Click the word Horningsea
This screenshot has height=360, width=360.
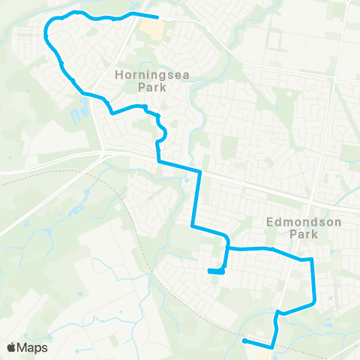(145, 75)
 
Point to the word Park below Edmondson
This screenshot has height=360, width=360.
(304, 234)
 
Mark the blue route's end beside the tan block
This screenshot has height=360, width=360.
(157, 16)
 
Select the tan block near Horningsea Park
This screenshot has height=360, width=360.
(152, 28)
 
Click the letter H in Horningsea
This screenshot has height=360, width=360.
(119, 75)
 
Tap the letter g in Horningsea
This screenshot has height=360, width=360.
(154, 76)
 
